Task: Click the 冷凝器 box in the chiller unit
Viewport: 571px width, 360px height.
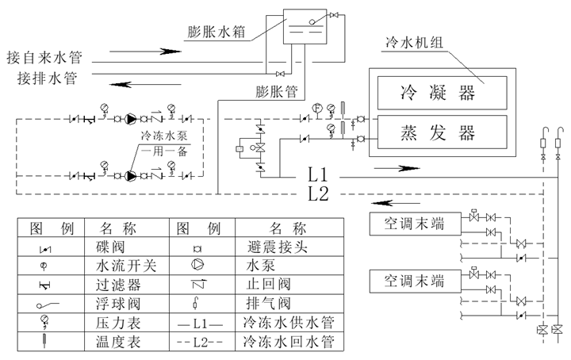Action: click(442, 93)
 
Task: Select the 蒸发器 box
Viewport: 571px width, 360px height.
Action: click(442, 132)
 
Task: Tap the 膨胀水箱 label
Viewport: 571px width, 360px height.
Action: click(217, 32)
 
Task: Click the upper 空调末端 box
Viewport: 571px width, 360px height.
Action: click(415, 224)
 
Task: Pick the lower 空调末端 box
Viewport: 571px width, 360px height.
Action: click(415, 281)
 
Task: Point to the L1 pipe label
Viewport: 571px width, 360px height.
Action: click(318, 174)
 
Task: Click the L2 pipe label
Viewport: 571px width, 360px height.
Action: click(318, 193)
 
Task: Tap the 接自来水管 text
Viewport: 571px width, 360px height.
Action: click(44, 57)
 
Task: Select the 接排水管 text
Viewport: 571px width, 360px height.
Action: click(48, 78)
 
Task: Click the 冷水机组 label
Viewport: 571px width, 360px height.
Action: click(414, 42)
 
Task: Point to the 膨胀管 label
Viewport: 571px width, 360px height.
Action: click(277, 91)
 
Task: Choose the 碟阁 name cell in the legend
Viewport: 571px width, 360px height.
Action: click(127, 247)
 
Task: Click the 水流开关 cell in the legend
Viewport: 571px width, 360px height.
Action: click(127, 266)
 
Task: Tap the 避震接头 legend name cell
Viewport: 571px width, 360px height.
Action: click(289, 247)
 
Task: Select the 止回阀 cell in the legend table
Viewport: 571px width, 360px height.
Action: click(289, 285)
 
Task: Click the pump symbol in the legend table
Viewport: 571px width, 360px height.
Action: click(197, 265)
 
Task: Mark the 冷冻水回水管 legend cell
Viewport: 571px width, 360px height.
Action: click(289, 342)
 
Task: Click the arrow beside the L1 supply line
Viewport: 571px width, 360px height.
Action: click(397, 168)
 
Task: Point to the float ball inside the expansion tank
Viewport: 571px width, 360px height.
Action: click(312, 22)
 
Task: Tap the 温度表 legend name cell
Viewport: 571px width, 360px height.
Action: click(127, 342)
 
